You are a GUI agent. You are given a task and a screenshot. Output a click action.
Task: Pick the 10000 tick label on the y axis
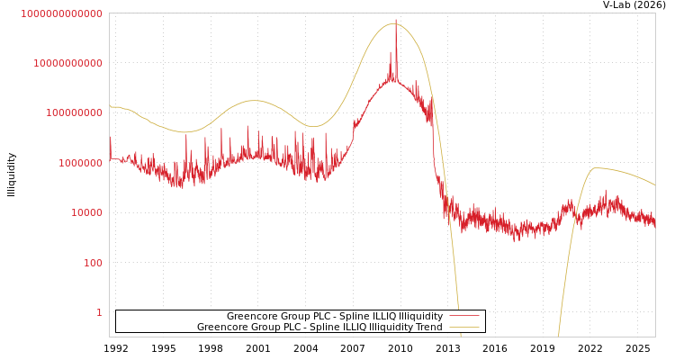[86, 213]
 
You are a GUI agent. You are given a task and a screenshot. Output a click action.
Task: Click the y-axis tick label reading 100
[93, 263]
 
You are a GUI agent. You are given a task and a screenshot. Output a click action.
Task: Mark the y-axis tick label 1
[99, 312]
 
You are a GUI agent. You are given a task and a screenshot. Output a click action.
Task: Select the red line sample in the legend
[463, 317]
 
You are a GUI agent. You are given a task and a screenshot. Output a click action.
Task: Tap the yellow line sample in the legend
[463, 328]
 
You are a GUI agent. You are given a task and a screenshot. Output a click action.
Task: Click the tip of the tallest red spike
[396, 20]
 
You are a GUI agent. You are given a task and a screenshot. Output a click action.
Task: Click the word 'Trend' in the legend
[428, 328]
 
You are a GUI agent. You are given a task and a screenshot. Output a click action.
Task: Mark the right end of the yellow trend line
[654, 185]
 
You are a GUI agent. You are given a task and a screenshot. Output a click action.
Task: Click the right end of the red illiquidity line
[654, 222]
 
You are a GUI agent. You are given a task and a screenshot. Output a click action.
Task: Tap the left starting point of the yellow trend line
[110, 106]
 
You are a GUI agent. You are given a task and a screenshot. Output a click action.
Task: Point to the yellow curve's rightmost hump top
[595, 167]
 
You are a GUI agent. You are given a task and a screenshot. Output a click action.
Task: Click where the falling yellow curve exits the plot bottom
[461, 336]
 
